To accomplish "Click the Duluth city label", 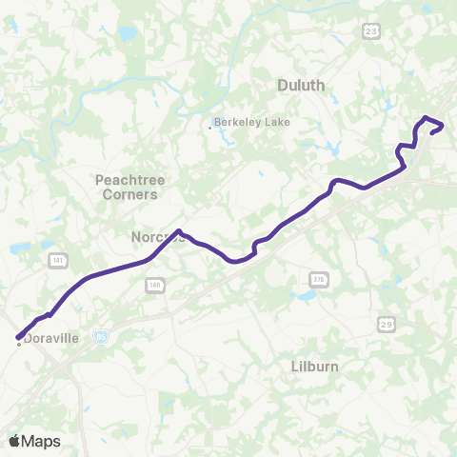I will coord(301,85).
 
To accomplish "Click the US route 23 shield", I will coord(371,31).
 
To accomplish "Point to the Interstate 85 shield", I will coord(102,336).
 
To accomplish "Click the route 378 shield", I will coord(317,278).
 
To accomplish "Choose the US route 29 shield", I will coord(386,323).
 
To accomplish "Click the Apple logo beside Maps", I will coord(14,441).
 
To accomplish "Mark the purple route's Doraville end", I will coord(17,336).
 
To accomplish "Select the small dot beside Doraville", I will coord(19,345).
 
